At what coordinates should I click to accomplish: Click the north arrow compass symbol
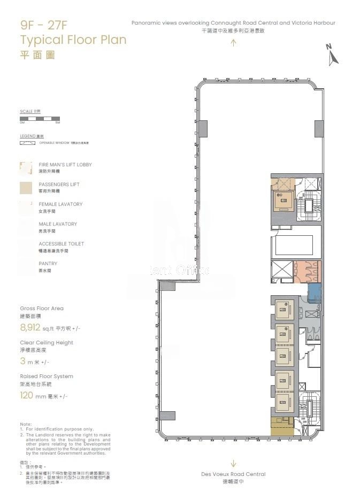point(333,55)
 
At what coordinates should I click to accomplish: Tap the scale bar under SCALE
point(40,119)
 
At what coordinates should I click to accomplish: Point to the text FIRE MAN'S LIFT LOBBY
point(65,165)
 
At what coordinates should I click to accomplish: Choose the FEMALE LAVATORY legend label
point(60,204)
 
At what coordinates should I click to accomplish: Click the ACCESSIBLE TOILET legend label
point(61,244)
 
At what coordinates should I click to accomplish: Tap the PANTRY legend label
point(48,264)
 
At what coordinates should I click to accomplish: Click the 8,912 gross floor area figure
point(30,328)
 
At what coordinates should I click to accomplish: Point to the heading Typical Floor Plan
point(73,40)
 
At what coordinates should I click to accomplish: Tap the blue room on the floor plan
point(314,293)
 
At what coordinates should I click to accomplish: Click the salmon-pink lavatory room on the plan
point(307,271)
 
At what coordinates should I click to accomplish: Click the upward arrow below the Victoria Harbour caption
point(233,43)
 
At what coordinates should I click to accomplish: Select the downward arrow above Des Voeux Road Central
point(233,464)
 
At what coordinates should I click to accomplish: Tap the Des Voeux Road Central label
point(233,474)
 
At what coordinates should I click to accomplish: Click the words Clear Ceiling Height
point(47,343)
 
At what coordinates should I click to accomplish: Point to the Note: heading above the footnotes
point(26,424)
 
